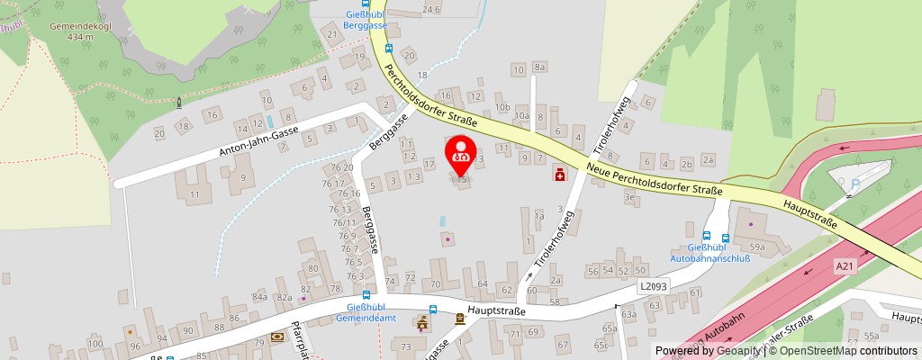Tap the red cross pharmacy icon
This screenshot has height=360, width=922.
tap(560, 175)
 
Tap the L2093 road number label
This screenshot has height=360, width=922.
tap(655, 286)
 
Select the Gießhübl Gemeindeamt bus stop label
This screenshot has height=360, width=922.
tap(366, 312)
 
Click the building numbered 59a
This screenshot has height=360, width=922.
tap(757, 245)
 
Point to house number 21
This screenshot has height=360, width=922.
tap(331, 35)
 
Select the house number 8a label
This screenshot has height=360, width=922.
tap(540, 66)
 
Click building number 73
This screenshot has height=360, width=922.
tap(406, 346)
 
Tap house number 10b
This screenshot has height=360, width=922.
tap(502, 107)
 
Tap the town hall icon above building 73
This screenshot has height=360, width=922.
tap(421, 323)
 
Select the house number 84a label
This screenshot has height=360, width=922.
tap(260, 296)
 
